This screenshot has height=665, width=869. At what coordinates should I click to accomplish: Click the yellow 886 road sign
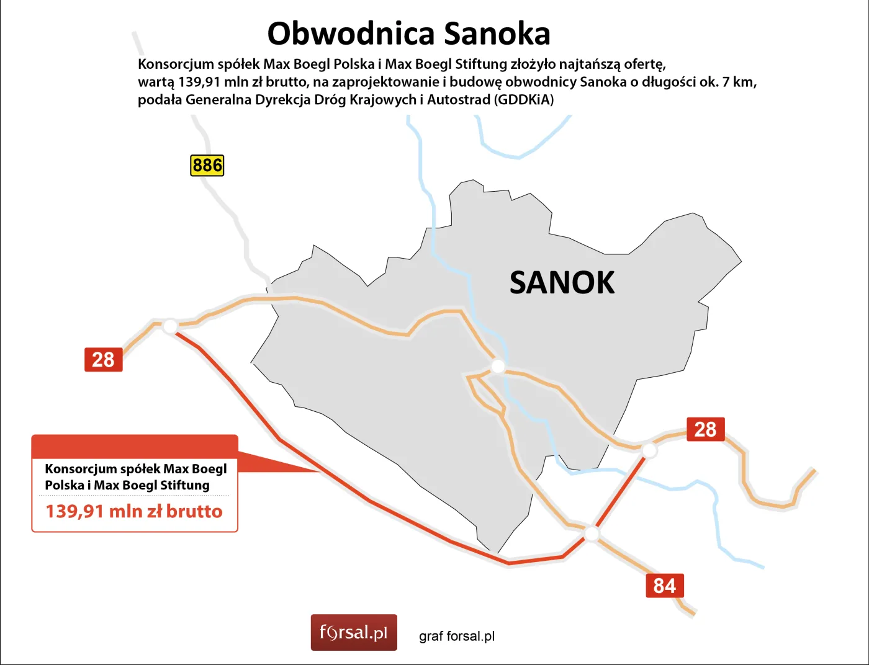[207, 166]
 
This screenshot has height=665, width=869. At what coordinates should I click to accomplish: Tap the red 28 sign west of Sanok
[104, 360]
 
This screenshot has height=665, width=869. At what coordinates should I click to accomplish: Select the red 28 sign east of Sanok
[705, 429]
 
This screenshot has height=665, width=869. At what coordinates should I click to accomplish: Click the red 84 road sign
[664, 586]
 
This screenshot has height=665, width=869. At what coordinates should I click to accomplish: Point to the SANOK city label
[562, 283]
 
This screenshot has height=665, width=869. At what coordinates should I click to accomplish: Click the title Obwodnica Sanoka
[408, 33]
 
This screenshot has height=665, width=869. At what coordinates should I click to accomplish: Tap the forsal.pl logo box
[354, 633]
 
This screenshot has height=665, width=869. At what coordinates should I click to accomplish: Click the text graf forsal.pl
[457, 636]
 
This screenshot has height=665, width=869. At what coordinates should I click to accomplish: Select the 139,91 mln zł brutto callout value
[134, 512]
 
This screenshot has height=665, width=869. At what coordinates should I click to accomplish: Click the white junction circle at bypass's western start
[170, 326]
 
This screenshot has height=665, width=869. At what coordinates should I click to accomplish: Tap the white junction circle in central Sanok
[498, 367]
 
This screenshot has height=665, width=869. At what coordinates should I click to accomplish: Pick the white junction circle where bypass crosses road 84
[592, 533]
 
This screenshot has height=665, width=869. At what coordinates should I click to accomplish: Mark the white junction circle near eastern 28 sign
[649, 450]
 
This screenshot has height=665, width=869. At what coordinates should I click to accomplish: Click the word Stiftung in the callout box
[185, 485]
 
